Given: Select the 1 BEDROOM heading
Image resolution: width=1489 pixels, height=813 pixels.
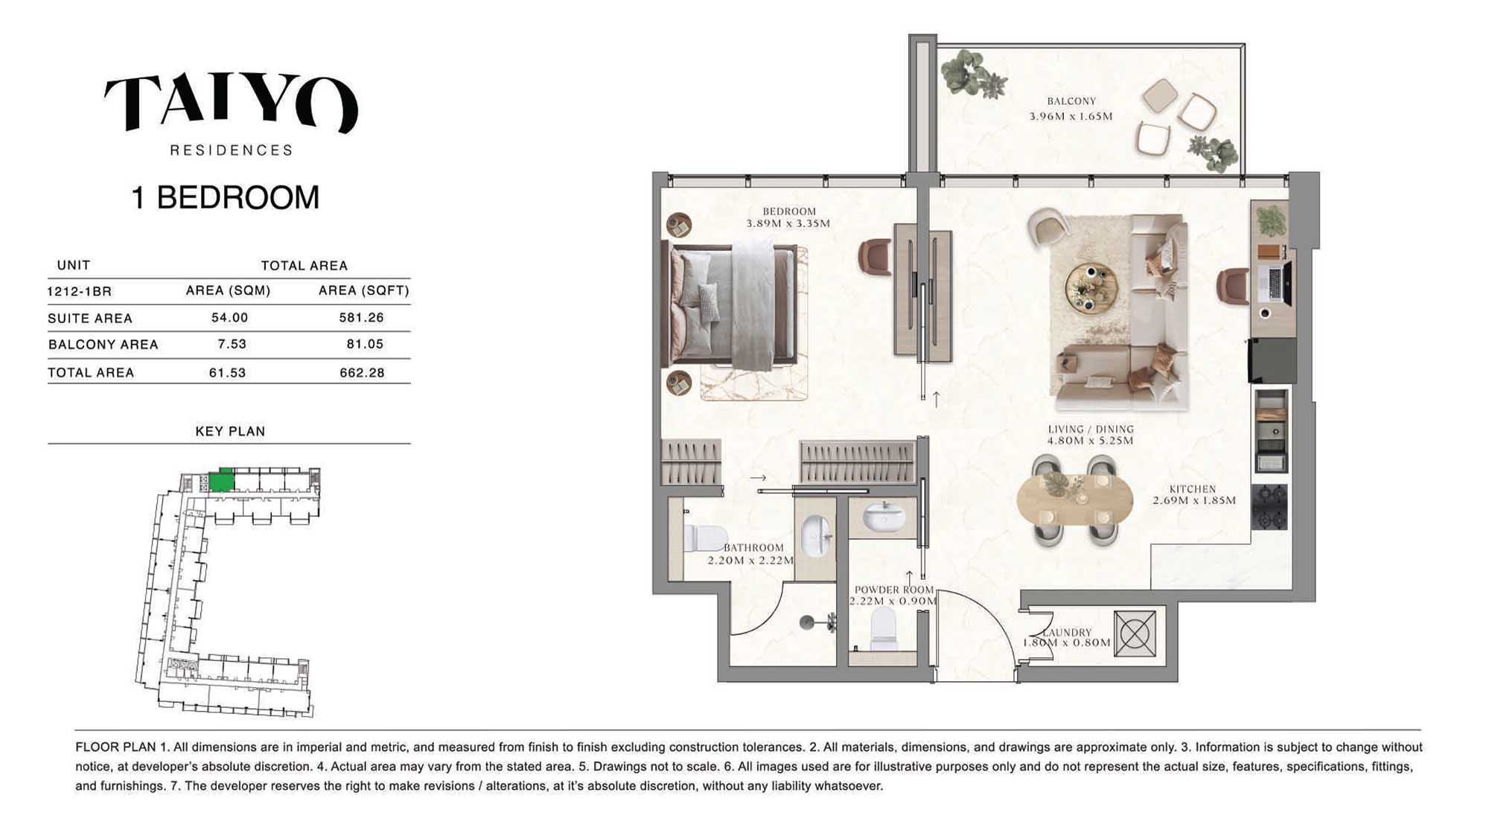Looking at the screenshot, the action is [x=225, y=197].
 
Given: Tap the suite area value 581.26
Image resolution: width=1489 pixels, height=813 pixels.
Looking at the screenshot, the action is [x=361, y=317].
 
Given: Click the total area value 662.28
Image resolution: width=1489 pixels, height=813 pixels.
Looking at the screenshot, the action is [x=362, y=372].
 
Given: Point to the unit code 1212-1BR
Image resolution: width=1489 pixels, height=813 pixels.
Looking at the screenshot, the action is [x=80, y=291].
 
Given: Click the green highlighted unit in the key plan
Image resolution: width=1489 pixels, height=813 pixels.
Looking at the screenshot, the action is [x=221, y=481].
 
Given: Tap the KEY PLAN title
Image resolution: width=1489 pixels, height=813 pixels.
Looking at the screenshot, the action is [x=230, y=431].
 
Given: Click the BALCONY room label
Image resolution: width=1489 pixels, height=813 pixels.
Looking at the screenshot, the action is [x=1071, y=101].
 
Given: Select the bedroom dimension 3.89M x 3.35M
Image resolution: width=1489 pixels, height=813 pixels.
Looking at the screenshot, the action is [x=788, y=223].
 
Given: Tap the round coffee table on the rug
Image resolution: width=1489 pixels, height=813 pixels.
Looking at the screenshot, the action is [x=1091, y=287].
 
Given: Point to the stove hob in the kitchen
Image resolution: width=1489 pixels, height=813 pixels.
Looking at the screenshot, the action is [x=1269, y=507].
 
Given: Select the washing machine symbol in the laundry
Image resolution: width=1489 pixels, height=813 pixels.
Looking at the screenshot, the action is [x=1135, y=634].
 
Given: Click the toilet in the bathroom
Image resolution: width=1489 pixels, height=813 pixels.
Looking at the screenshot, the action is [x=704, y=538].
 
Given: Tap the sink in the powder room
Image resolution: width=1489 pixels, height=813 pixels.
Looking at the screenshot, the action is [x=884, y=517].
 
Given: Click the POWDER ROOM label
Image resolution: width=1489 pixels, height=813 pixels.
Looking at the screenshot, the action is [x=893, y=590].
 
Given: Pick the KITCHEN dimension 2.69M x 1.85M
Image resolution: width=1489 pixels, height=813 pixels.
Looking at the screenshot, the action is [x=1194, y=500].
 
